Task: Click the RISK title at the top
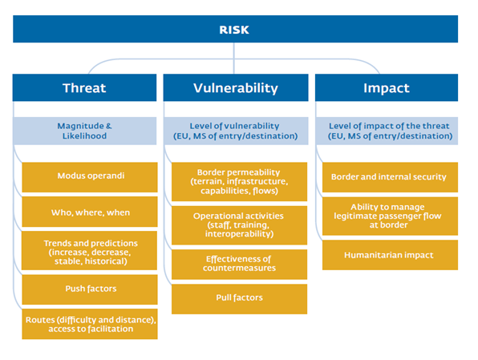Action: (234, 30)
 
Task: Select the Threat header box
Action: (84, 87)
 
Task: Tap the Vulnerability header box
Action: (236, 87)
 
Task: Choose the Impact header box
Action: (387, 87)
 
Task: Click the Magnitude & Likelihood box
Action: (84, 131)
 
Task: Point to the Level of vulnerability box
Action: (236, 131)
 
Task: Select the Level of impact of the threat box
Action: (387, 131)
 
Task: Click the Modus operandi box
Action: (90, 177)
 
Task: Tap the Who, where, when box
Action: (90, 212)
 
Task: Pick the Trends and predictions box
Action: (90, 251)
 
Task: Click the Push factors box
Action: (90, 289)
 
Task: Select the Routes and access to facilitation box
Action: (90, 324)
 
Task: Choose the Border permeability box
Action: (239, 182)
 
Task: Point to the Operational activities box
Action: (239, 225)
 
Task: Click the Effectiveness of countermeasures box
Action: (239, 265)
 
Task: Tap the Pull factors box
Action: (239, 299)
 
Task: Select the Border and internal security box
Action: (391, 177)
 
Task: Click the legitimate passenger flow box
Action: (391, 216)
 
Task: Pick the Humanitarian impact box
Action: (391, 255)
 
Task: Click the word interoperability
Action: (238, 234)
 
